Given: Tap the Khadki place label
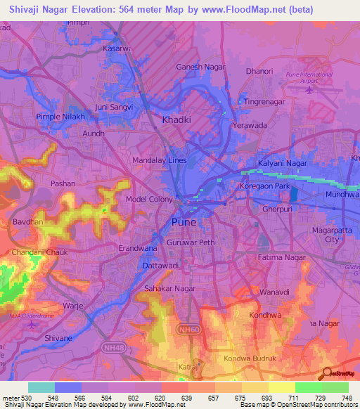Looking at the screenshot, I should click(x=176, y=120).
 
